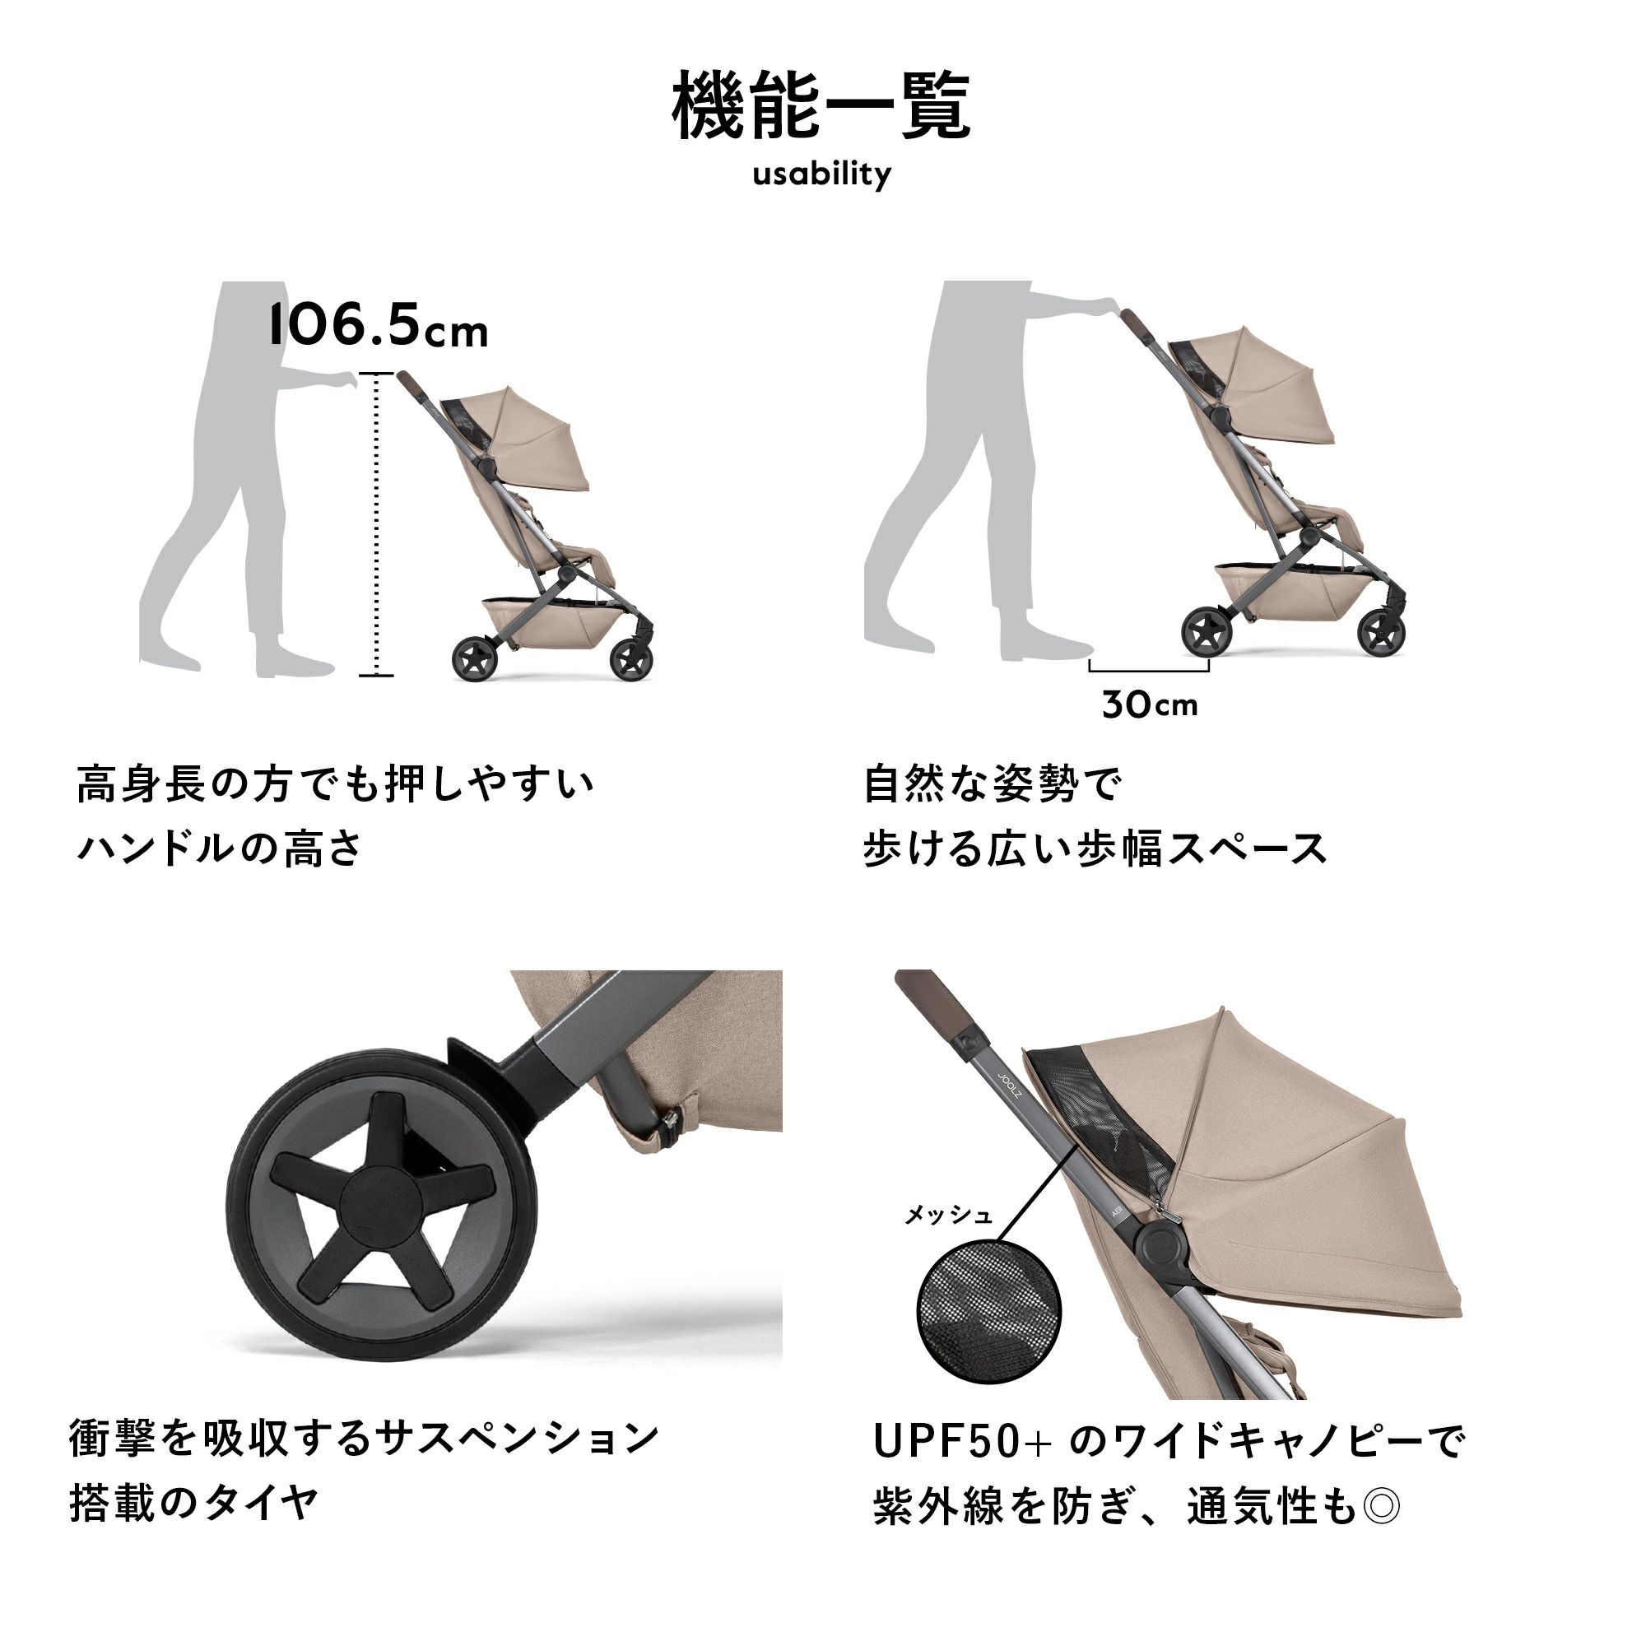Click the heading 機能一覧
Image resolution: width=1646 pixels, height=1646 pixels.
coord(821,105)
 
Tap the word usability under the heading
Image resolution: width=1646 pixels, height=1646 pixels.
coord(821,174)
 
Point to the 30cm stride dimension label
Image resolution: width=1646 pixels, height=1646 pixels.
coord(1149,704)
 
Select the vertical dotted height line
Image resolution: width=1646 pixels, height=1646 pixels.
coord(377,525)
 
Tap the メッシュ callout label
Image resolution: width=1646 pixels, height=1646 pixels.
coord(948,1215)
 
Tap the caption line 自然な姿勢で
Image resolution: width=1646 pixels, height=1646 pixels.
coord(993,783)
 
